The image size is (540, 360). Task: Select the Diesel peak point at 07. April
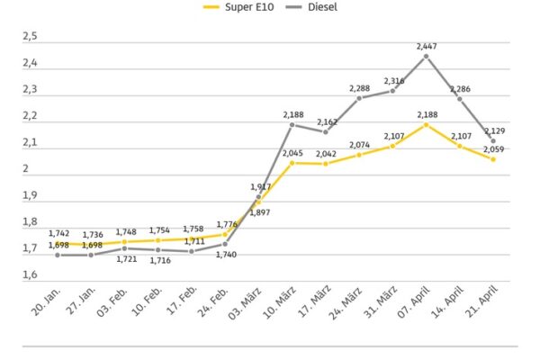click(426, 56)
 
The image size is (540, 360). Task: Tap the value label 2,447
click(427, 45)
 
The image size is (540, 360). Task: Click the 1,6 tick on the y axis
click(30, 274)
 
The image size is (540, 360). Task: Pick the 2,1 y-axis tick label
click(30, 142)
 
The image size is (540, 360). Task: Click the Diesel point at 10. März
click(292, 124)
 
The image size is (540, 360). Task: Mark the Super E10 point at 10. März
click(292, 163)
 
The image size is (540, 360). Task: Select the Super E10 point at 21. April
click(492, 159)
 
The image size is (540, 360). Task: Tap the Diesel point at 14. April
click(459, 98)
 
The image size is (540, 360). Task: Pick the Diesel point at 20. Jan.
click(58, 255)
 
